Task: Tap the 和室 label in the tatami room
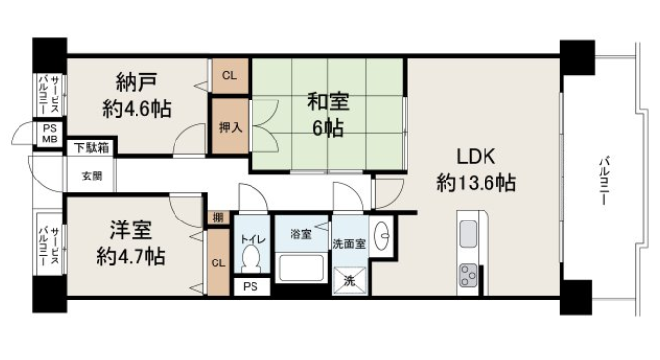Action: pyautogui.click(x=329, y=101)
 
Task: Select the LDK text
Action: pyautogui.click(x=476, y=157)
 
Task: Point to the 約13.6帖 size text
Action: pyautogui.click(x=476, y=183)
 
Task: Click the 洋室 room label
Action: pyautogui.click(x=131, y=230)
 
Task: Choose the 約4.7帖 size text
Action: pyautogui.click(x=131, y=256)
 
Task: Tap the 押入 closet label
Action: pyautogui.click(x=230, y=127)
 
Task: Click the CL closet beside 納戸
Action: pyautogui.click(x=229, y=76)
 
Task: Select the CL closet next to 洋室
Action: pyautogui.click(x=218, y=262)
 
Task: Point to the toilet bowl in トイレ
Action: pyautogui.click(x=252, y=259)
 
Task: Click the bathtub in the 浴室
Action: pyautogui.click(x=300, y=267)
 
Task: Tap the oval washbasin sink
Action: pyautogui.click(x=382, y=236)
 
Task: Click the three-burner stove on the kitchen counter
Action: pyautogui.click(x=468, y=275)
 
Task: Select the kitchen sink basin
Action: pyautogui.click(x=468, y=234)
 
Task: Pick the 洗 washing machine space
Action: pyautogui.click(x=350, y=281)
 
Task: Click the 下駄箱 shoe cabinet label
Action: pyautogui.click(x=92, y=147)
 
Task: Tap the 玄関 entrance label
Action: pyautogui.click(x=92, y=176)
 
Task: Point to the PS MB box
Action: pyautogui.click(x=50, y=135)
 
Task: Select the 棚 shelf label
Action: pyautogui.click(x=218, y=218)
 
